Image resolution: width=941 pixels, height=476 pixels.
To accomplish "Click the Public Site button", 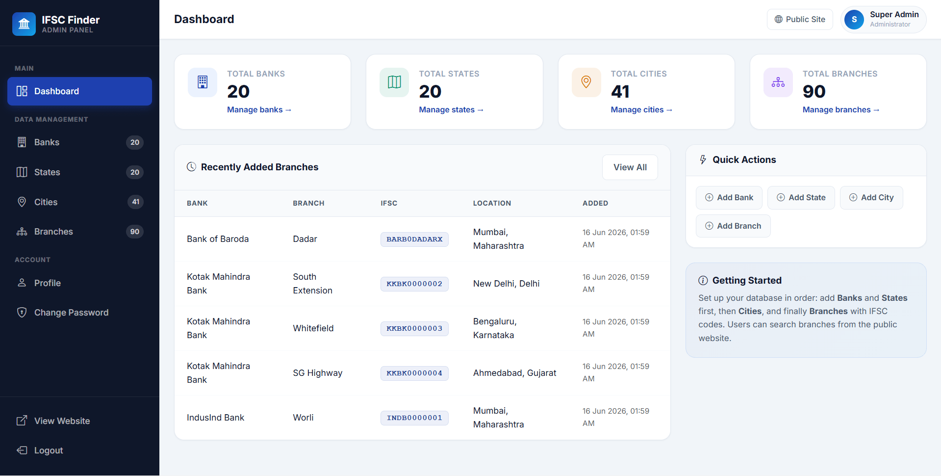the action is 800,19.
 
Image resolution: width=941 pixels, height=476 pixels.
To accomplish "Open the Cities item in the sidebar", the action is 79,202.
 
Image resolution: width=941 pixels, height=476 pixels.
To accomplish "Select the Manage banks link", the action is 259,110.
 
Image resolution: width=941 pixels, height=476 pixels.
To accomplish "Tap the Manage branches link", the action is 840,110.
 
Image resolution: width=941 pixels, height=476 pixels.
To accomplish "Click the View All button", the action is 630,167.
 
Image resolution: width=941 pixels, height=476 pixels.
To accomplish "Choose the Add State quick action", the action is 801,198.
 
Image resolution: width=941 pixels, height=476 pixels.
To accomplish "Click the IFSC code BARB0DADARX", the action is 414,239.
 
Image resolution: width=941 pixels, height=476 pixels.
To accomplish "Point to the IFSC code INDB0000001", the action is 414,418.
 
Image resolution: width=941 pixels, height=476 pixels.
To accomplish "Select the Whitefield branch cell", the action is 313,328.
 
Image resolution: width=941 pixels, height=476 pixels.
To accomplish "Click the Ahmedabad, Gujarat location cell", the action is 515,373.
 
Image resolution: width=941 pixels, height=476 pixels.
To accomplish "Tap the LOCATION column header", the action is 492,203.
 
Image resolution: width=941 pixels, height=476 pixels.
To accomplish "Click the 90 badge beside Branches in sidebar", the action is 135,232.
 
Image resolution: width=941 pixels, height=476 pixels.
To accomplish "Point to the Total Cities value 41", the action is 620,91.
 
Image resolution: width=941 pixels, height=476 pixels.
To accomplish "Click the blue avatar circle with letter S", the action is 854,20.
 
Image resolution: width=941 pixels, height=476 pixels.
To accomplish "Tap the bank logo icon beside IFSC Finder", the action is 24,24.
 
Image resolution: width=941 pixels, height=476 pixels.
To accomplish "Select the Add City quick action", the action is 871,198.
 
